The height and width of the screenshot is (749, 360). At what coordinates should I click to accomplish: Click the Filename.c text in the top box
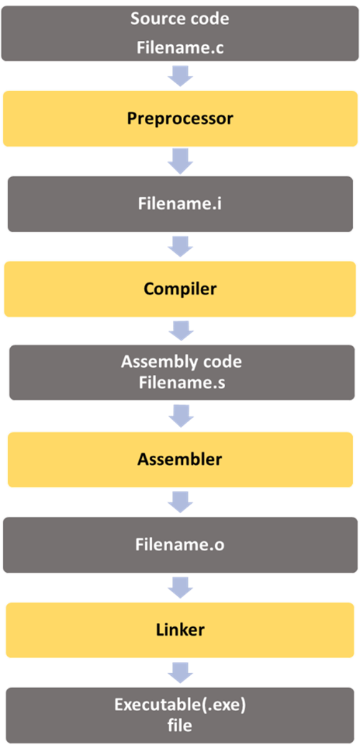click(x=179, y=48)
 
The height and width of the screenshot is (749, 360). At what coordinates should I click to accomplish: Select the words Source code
click(x=179, y=19)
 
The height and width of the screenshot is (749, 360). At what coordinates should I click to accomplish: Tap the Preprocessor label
click(x=180, y=118)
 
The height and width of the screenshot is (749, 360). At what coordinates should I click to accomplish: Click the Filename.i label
click(x=180, y=203)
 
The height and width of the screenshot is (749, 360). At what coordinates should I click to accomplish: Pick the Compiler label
click(x=180, y=289)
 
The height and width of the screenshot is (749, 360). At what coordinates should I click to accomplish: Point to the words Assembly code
click(x=181, y=361)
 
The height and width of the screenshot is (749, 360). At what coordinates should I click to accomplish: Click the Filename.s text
click(x=181, y=383)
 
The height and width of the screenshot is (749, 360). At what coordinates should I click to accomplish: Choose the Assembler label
click(x=180, y=459)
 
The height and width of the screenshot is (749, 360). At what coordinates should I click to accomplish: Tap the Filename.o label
click(x=180, y=545)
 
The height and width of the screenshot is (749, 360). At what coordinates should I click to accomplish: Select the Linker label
click(x=180, y=630)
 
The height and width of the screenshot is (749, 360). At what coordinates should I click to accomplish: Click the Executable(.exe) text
click(x=180, y=705)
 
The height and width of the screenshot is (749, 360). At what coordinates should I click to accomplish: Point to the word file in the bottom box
click(x=180, y=725)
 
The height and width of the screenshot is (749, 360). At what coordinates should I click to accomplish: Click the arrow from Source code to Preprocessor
click(x=180, y=76)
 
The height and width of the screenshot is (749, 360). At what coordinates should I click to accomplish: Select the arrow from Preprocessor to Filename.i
click(x=180, y=161)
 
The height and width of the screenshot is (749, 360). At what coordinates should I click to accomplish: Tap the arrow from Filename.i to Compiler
click(x=180, y=247)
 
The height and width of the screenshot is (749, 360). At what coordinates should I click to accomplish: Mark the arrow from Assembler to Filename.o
click(x=180, y=502)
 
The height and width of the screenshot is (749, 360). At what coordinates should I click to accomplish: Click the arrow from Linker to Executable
click(x=180, y=672)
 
